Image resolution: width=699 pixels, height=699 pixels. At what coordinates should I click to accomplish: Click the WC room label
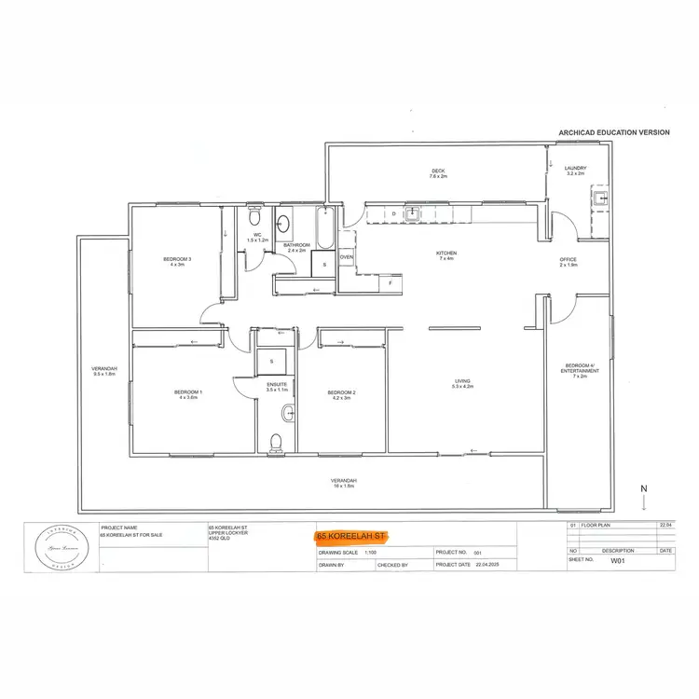[x=257, y=237]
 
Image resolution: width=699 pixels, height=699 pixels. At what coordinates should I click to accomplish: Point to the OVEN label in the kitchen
[x=346, y=257]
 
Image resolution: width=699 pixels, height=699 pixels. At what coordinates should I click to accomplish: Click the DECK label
[x=437, y=171]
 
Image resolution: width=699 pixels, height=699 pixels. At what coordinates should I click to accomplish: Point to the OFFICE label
[x=568, y=261]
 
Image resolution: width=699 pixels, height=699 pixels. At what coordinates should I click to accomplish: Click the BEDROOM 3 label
[x=177, y=260]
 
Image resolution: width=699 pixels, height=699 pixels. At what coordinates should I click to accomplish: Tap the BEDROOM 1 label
[x=188, y=393]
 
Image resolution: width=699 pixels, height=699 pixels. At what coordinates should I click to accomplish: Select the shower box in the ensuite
[x=272, y=360]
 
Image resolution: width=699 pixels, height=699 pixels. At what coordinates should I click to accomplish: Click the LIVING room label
[x=462, y=382]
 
